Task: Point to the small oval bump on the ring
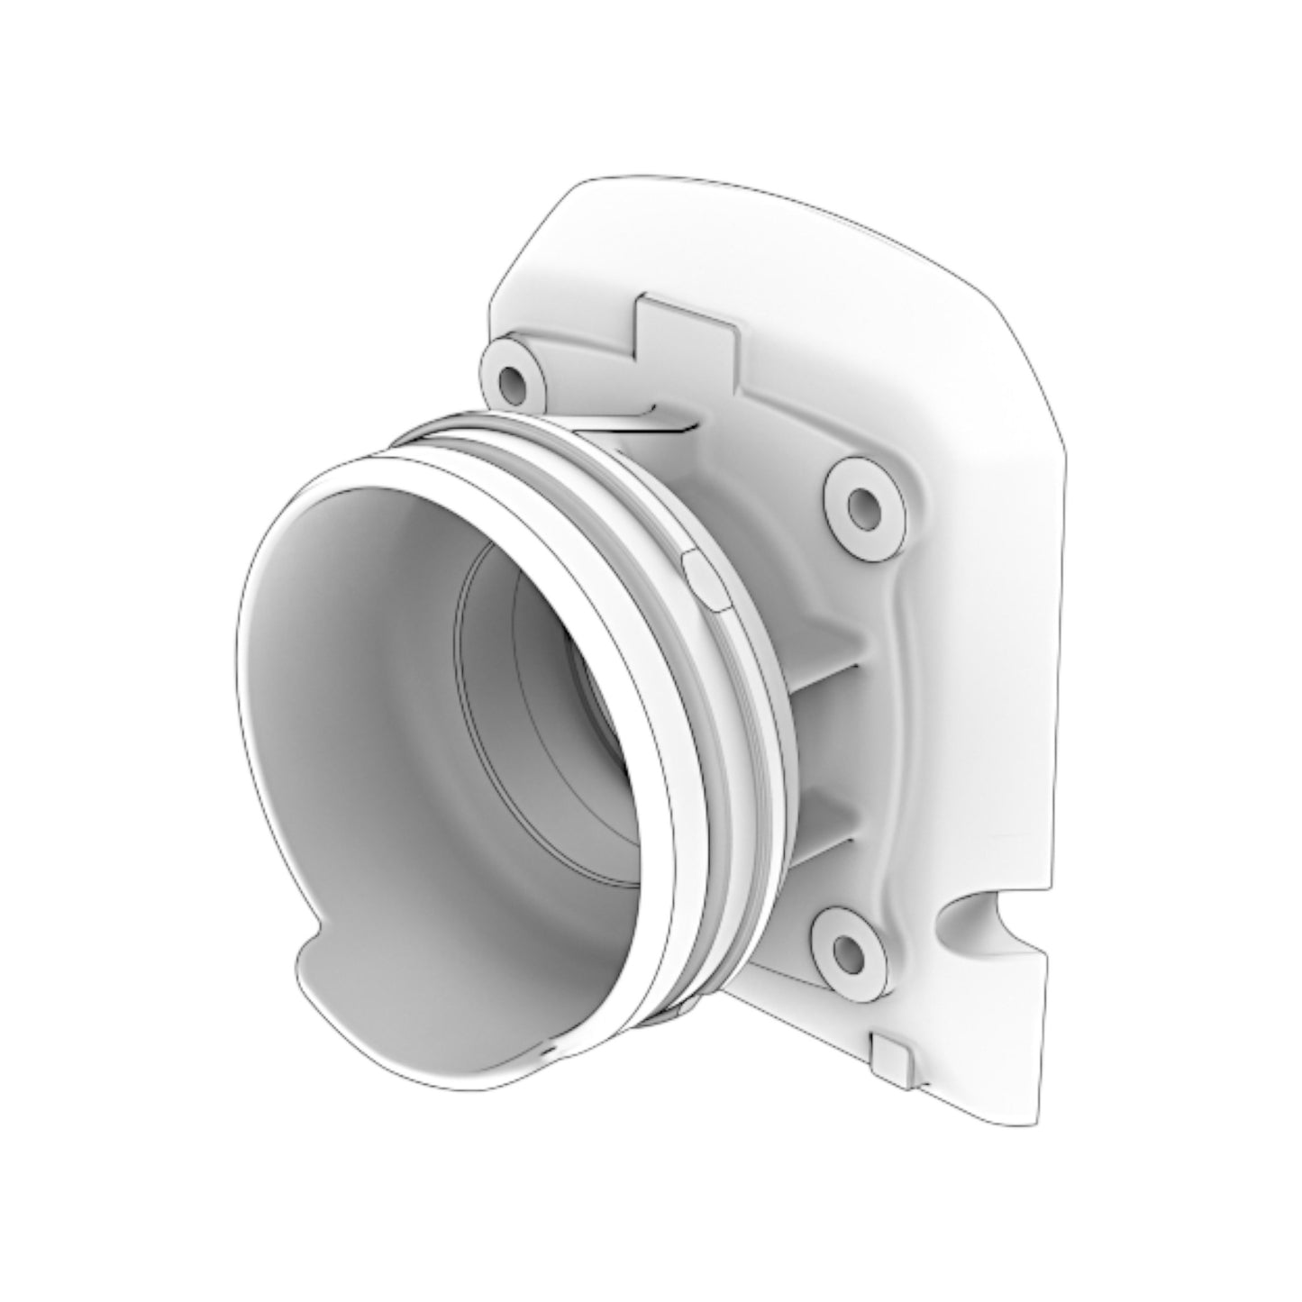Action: pos(706,576)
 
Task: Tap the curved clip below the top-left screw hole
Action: pos(631,420)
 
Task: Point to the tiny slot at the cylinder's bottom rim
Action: pos(547,1052)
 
